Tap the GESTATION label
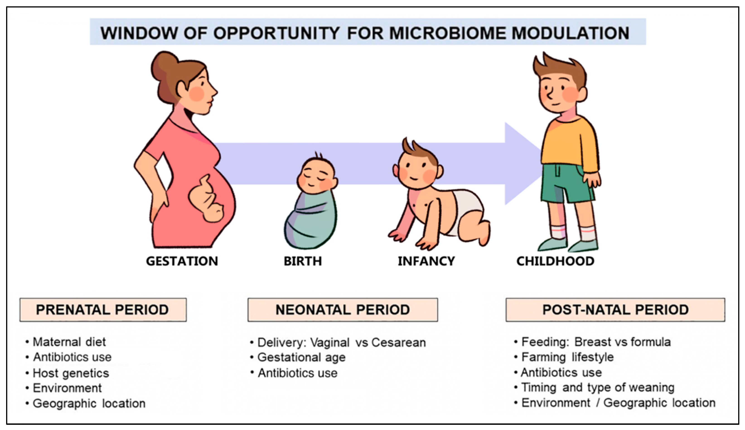point(182,261)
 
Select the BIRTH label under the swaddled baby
point(303,261)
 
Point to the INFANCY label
point(426,261)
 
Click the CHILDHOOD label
point(555,261)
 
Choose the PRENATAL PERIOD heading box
point(103,310)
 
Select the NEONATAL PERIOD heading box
point(343,310)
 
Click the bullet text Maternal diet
point(69,342)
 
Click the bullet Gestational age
point(301,358)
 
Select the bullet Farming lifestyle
point(568,357)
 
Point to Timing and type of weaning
point(598,388)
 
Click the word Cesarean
point(399,343)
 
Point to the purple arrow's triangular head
point(522,163)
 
